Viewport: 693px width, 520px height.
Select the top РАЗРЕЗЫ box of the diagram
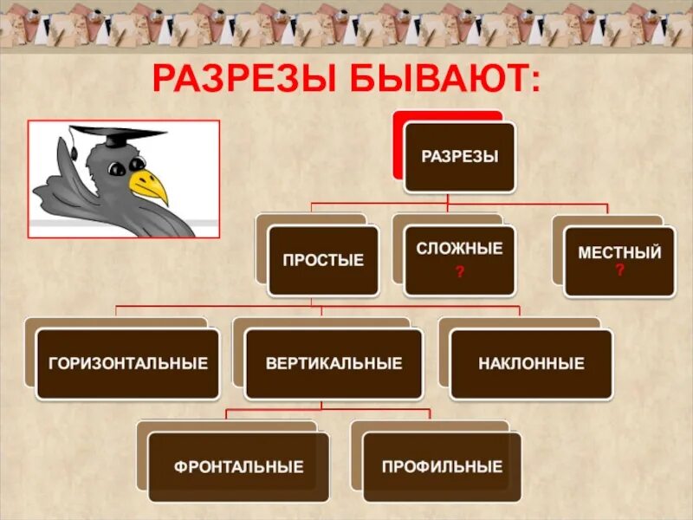tap(459, 157)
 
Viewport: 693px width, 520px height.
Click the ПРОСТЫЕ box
tap(323, 261)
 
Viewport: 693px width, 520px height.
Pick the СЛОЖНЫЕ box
tap(459, 258)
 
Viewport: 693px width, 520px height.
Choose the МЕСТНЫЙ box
tap(619, 260)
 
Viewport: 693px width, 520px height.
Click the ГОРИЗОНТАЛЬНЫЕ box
tap(128, 364)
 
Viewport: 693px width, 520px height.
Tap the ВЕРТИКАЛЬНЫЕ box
tap(334, 364)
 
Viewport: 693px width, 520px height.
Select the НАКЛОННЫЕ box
tap(531, 364)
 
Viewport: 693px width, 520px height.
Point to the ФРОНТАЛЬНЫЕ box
tap(238, 467)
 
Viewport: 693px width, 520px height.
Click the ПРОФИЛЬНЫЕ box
tap(442, 467)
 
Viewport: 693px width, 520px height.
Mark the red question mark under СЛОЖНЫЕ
tap(459, 273)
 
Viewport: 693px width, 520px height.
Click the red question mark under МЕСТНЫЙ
tap(619, 270)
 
